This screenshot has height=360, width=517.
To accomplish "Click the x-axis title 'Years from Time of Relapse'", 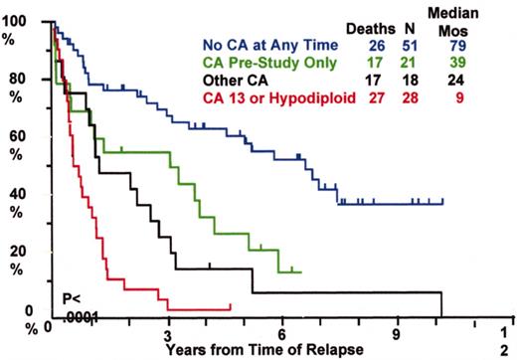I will click(x=257, y=350).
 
